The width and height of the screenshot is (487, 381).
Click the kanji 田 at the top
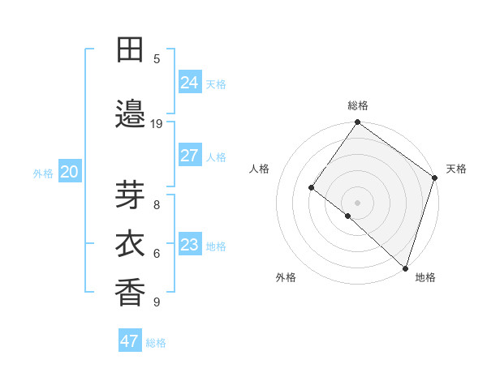[131, 50]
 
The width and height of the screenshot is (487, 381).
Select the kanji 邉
[131, 113]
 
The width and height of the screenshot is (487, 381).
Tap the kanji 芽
[131, 195]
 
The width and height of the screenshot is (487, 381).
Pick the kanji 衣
[131, 244]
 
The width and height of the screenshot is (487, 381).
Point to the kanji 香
[131, 292]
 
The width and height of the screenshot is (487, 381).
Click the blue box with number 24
[190, 83]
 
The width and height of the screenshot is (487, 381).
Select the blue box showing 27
[190, 156]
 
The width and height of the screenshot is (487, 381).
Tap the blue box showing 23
[190, 245]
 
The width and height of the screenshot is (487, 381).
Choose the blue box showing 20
[70, 172]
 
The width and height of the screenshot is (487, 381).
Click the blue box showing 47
[130, 341]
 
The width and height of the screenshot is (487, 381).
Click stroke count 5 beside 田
[157, 58]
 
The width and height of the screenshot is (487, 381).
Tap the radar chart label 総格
[358, 105]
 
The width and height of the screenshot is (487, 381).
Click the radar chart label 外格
[286, 277]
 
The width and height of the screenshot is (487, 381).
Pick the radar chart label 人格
[260, 169]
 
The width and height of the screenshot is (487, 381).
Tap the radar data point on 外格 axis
[348, 216]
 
